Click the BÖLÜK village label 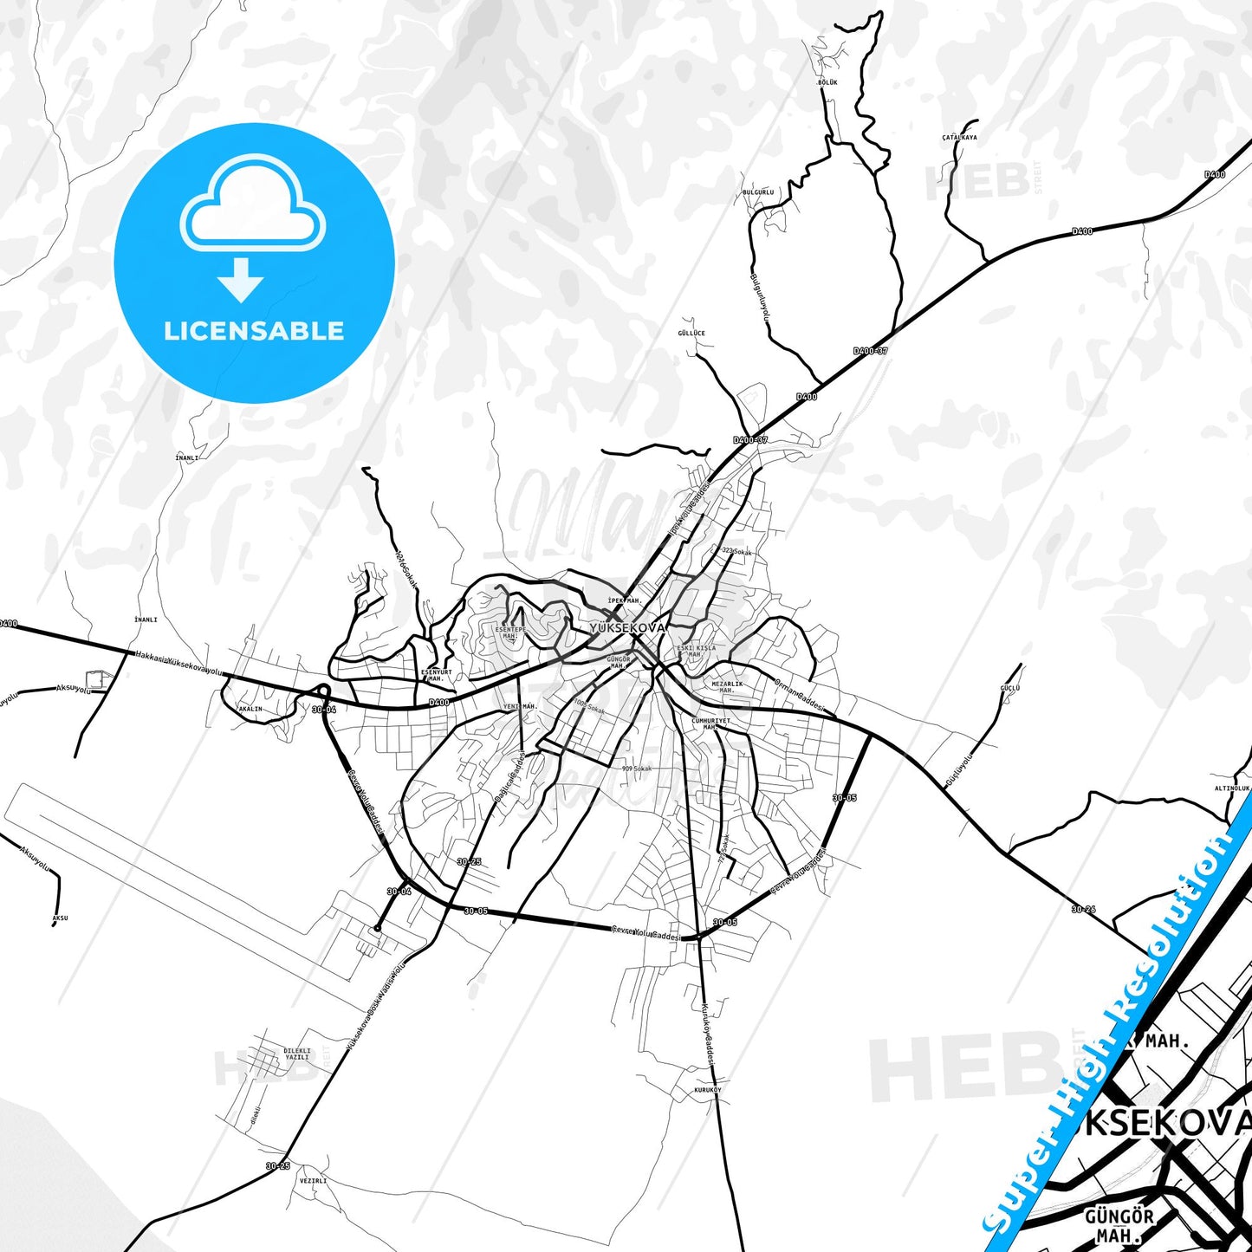point(827,82)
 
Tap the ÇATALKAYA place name point(959,138)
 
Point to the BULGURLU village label point(757,191)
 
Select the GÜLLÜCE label point(691,333)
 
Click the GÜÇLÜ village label point(1010,688)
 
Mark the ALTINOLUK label point(1231,788)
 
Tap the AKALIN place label point(250,709)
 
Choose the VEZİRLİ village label point(313,1180)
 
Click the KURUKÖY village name point(707,1090)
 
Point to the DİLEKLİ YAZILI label point(296,1054)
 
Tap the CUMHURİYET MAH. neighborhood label point(710,723)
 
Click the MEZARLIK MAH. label point(728,686)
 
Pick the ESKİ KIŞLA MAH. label point(697,651)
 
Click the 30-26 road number point(1083,909)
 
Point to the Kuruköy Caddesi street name point(708,1033)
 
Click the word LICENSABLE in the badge point(254,330)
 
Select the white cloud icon point(253,203)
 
